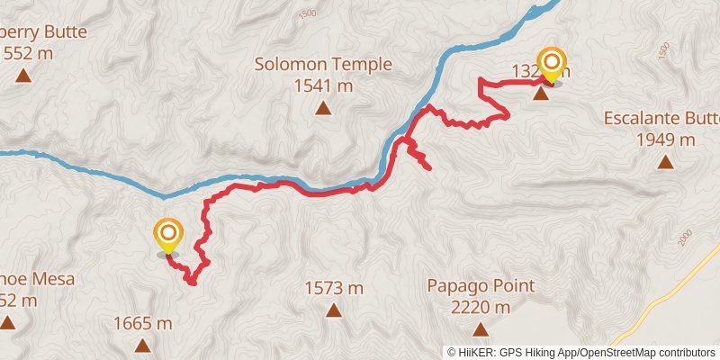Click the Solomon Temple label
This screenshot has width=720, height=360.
click(x=322, y=65)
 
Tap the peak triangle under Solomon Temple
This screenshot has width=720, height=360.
click(x=322, y=109)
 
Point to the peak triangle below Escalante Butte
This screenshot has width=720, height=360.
click(x=665, y=162)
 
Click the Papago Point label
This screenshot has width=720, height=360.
click(x=480, y=286)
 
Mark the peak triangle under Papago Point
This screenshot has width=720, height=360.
click(x=480, y=329)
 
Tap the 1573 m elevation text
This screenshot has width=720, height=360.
click(x=334, y=288)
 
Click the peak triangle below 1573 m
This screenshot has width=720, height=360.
click(x=334, y=311)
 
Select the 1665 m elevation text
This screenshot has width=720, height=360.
click(x=143, y=323)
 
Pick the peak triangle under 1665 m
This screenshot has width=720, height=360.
click(x=142, y=345)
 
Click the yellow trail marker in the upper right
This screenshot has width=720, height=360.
click(x=552, y=63)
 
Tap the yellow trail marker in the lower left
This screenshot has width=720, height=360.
click(x=167, y=235)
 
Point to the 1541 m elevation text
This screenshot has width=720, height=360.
click(x=322, y=86)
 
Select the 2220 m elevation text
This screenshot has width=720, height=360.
click(x=480, y=308)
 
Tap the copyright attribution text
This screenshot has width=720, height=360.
click(x=581, y=352)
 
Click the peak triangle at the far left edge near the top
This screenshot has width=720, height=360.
click(x=22, y=76)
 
